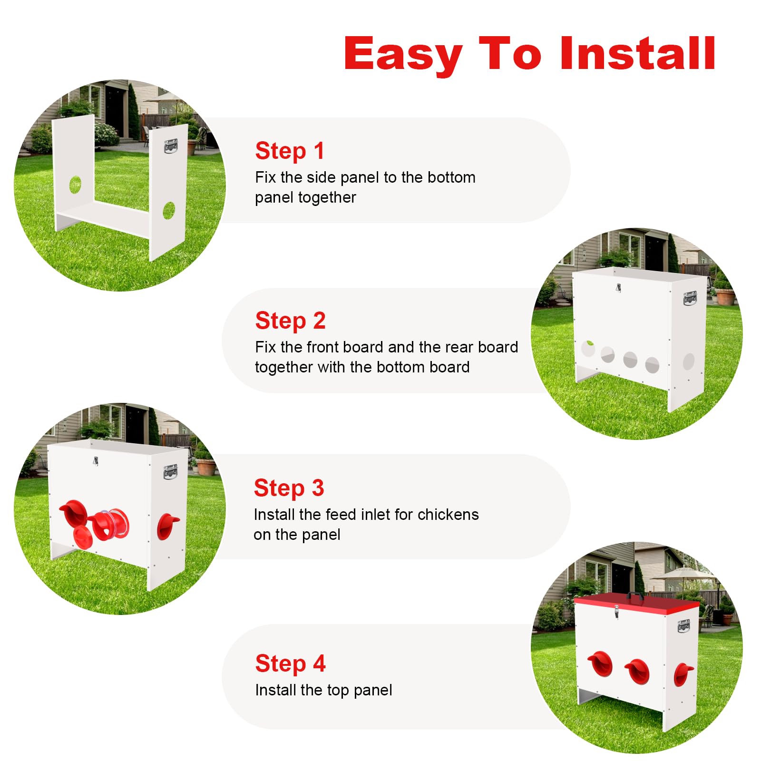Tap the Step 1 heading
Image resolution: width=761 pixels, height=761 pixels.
[290, 151]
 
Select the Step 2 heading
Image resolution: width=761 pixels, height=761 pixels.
[290, 321]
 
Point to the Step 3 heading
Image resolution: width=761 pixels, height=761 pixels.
[289, 488]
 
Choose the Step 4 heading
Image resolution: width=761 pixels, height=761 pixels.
[290, 664]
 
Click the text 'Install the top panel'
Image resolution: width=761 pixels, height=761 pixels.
[323, 690]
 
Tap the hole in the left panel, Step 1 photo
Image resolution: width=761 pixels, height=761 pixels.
[75, 185]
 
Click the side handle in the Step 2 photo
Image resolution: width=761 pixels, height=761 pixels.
[690, 298]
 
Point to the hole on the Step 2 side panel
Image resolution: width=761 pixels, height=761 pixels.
[689, 361]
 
